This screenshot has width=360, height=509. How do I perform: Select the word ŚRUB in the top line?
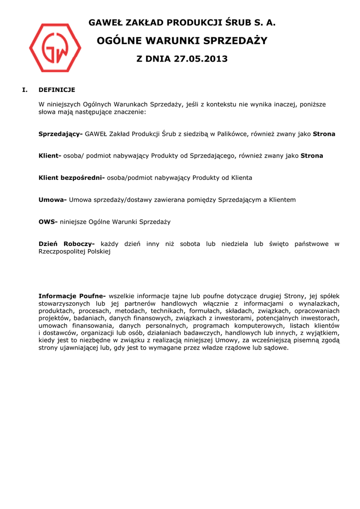237,23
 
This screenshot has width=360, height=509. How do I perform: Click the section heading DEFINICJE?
57,90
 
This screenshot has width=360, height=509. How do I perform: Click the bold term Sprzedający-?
61,134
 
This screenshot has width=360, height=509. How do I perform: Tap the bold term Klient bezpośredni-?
72,178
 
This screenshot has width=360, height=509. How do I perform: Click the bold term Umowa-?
53,200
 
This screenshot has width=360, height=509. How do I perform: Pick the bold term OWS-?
48,222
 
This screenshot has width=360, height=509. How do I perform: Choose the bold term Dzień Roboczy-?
67,244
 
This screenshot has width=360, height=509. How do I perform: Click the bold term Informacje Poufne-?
72,296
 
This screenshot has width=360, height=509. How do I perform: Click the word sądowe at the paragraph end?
277,348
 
